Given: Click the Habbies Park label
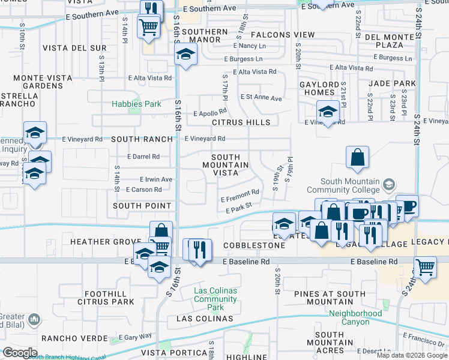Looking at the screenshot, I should coord(136,104).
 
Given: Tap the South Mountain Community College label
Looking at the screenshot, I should coord(351,185).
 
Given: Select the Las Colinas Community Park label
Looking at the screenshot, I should coord(215,299).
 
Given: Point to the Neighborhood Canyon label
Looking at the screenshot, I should coord(355,317).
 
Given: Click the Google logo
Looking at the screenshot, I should coord(19,353).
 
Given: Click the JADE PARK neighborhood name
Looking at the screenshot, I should coord(393,83).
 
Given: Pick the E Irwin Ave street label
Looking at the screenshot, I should coord(155,179).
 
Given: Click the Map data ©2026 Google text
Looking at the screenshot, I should coord(411,355).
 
